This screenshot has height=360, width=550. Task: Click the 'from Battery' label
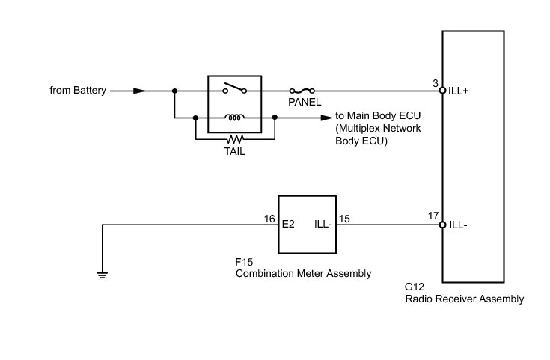click(x=79, y=91)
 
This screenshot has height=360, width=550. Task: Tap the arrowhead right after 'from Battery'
click(x=139, y=91)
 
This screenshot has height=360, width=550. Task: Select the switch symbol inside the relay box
click(x=234, y=91)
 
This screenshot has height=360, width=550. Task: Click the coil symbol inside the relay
click(x=234, y=118)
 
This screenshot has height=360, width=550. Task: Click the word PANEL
click(x=305, y=103)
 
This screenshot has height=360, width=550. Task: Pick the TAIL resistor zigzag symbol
click(x=235, y=139)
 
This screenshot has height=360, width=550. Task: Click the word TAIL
click(x=234, y=150)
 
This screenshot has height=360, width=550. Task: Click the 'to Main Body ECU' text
click(x=379, y=118)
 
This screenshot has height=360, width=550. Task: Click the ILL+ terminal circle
click(x=442, y=91)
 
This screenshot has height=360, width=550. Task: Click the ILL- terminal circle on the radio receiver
click(x=442, y=225)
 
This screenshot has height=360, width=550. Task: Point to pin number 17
click(x=433, y=216)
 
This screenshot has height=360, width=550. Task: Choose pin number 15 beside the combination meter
click(x=345, y=219)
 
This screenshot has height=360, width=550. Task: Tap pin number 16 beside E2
click(x=270, y=219)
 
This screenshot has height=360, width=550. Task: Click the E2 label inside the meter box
click(x=288, y=224)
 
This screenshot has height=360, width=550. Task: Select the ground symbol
click(x=102, y=273)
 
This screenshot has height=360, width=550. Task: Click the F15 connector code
click(x=244, y=263)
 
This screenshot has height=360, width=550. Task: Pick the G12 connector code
click(x=415, y=287)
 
